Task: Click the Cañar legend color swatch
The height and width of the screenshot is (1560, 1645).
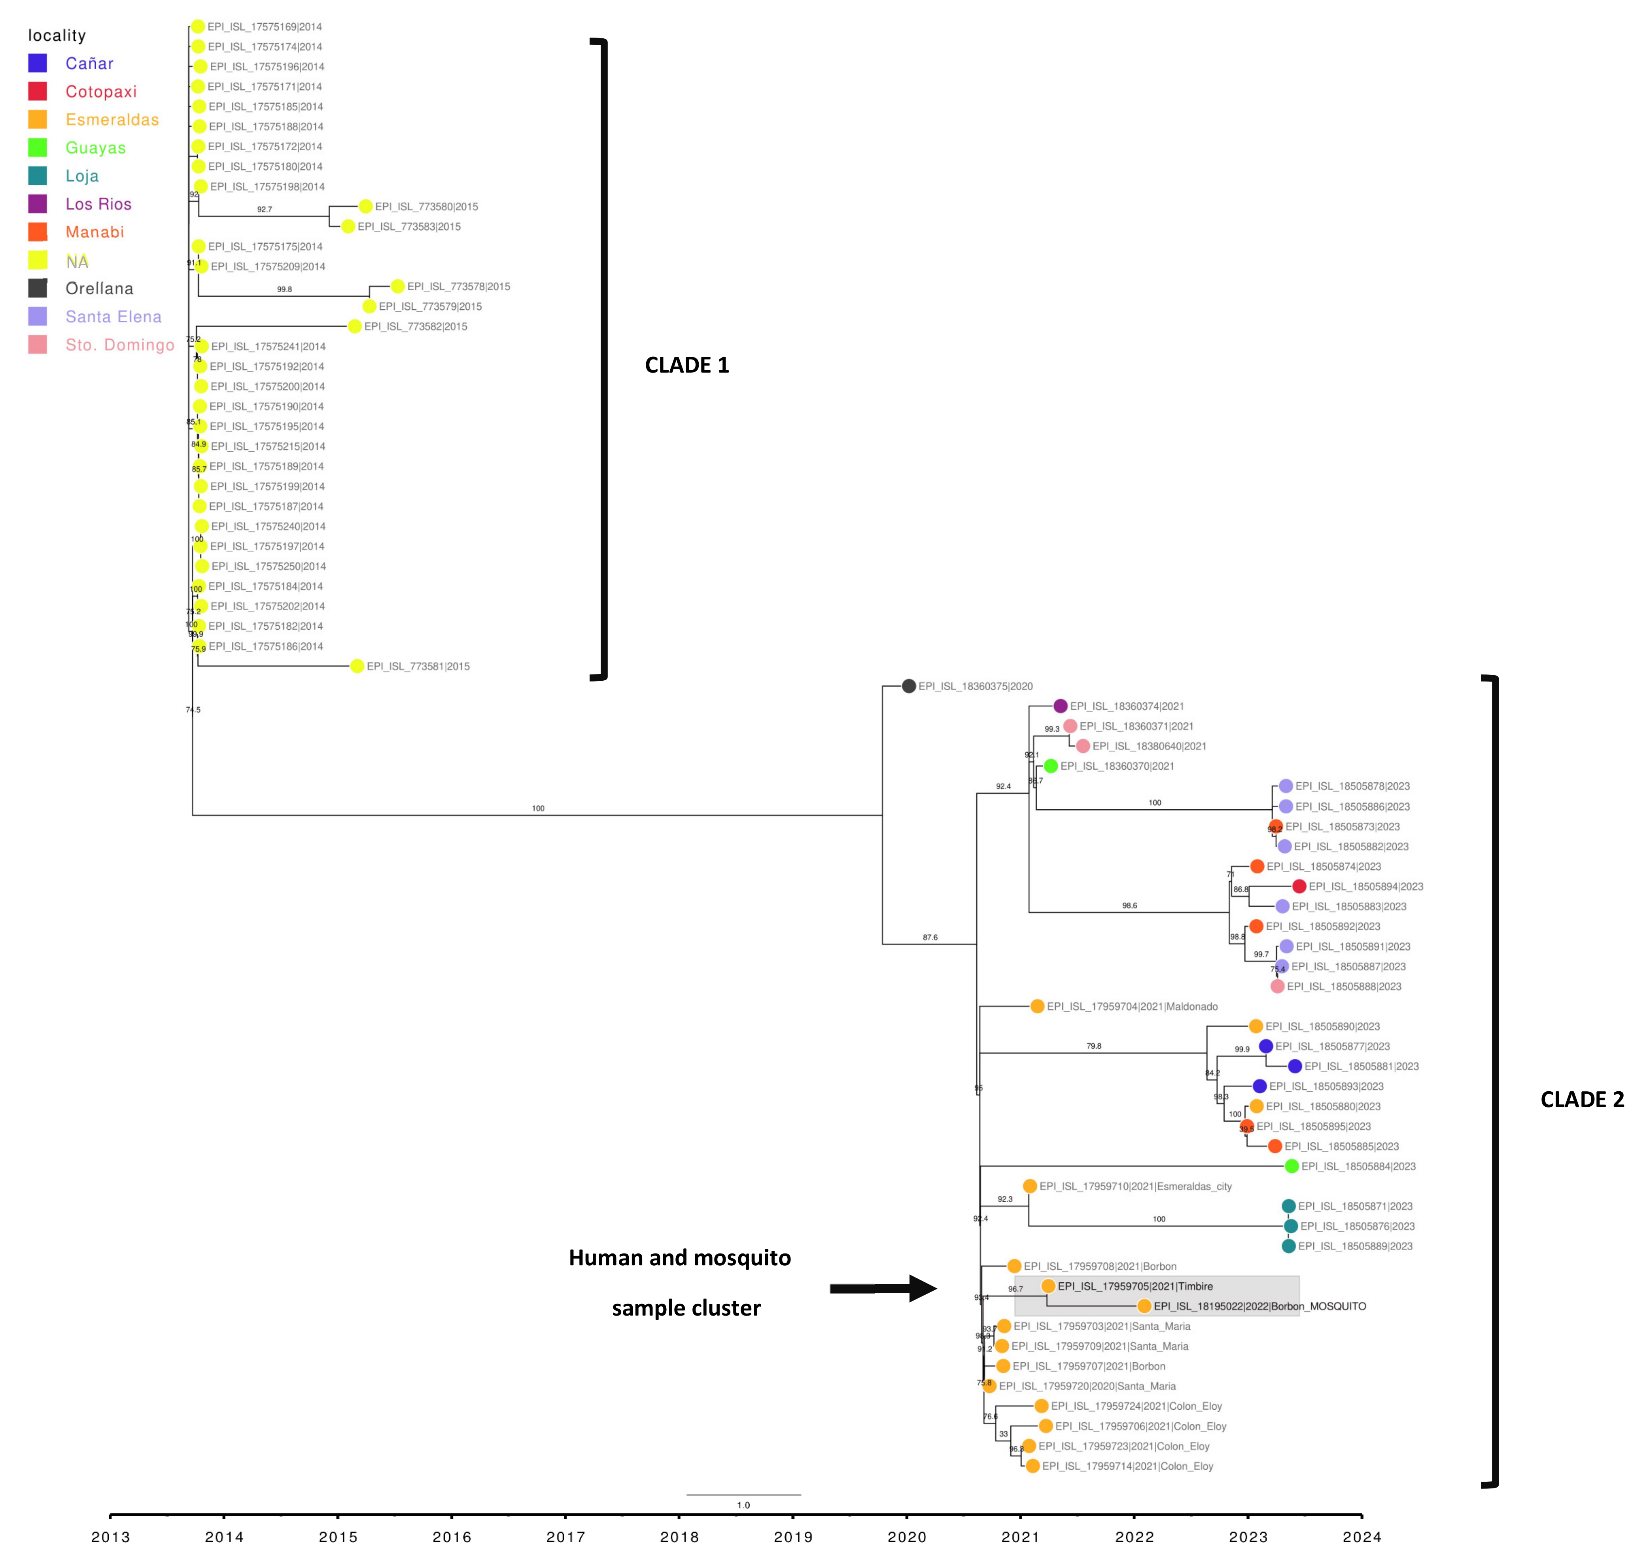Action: (x=38, y=63)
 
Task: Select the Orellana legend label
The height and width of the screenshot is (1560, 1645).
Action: (x=99, y=289)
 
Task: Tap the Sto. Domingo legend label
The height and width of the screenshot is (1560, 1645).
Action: (x=120, y=345)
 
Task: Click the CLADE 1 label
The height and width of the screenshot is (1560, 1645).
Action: (x=686, y=365)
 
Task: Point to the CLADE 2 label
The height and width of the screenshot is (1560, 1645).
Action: (x=1581, y=1099)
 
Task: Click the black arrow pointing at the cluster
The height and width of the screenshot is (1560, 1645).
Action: (x=883, y=1288)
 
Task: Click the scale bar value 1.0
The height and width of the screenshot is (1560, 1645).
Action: (x=743, y=1505)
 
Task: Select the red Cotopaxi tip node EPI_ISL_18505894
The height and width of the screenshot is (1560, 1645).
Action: (x=1299, y=886)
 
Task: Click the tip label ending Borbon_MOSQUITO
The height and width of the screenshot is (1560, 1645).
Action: (x=1259, y=1306)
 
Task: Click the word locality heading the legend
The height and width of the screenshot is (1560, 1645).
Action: (x=57, y=35)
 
